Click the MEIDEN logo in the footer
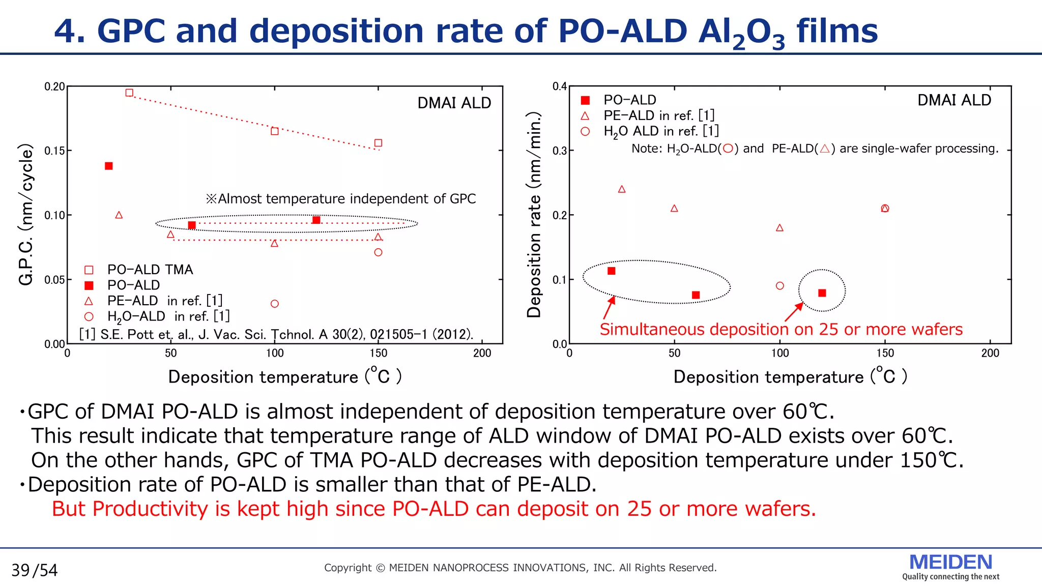950,563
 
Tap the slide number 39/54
35,570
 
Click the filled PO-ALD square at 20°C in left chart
108,166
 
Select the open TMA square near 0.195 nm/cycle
129,93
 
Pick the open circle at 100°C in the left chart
275,304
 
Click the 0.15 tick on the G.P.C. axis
55,151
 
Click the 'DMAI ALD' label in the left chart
454,103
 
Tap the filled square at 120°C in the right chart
822,293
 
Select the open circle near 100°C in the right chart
780,286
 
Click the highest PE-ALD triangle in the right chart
622,189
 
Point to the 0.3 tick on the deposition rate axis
560,151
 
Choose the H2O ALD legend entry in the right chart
660,131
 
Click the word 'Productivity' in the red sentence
150,509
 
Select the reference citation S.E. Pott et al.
276,334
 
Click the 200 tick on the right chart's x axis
990,353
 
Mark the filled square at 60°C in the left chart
192,225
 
